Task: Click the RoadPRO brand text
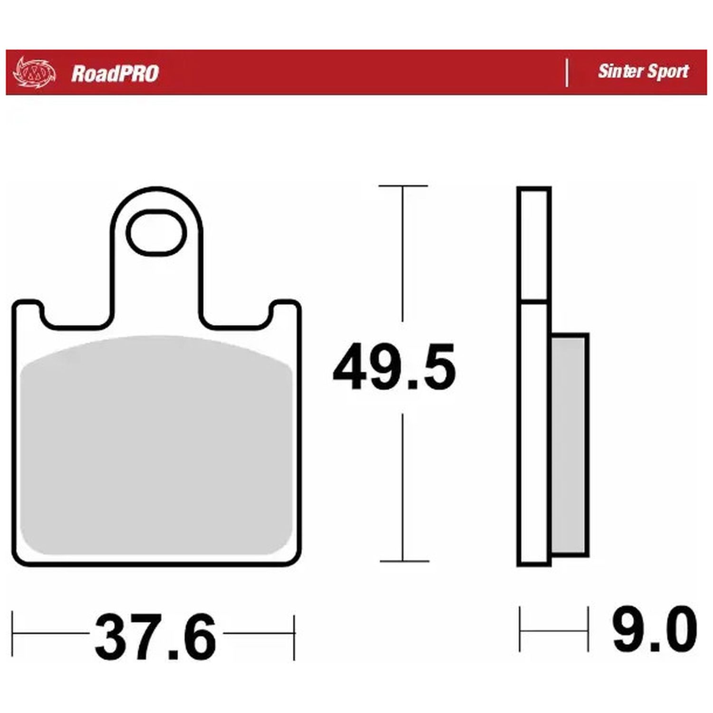click(x=115, y=74)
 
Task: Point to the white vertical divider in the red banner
click(x=567, y=73)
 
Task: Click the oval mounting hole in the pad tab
click(x=156, y=232)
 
